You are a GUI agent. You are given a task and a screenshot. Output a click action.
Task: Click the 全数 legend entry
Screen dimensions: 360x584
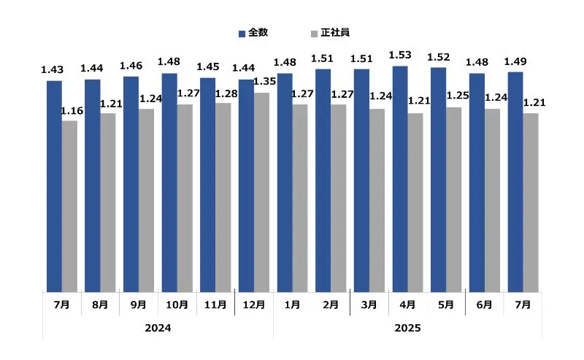tap(253, 33)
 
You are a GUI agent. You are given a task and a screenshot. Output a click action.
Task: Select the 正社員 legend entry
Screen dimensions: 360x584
tap(330, 33)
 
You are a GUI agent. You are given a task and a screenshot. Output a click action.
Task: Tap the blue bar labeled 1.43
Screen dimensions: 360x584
tap(54, 186)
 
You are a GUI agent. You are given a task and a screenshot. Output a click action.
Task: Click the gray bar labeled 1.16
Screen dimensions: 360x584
tap(69, 206)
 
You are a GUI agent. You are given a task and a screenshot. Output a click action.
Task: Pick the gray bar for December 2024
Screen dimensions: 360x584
tap(261, 192)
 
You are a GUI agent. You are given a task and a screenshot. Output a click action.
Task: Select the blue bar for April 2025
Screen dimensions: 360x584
tap(400, 179)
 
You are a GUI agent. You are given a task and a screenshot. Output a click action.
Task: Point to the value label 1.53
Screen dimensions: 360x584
tap(400, 55)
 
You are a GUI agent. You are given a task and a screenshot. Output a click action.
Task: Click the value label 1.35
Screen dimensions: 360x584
tap(264, 81)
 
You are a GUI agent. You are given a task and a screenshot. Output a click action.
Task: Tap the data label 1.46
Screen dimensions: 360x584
tap(130, 65)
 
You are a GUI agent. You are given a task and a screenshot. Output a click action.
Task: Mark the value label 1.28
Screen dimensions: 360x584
tap(226, 92)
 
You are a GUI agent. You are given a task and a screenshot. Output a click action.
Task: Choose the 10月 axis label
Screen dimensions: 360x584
tap(177, 304)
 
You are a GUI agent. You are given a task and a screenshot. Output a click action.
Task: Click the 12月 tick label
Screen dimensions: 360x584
tap(253, 304)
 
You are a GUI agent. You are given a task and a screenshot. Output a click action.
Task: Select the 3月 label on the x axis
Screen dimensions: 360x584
tap(369, 304)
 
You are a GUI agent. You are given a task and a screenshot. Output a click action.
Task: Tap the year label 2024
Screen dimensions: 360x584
tap(158, 329)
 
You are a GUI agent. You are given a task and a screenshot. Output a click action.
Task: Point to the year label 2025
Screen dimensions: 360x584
tap(407, 329)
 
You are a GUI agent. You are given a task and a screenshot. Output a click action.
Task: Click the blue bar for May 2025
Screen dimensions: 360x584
tap(438, 180)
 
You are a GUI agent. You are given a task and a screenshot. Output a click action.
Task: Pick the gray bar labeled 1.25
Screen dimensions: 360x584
tap(453, 199)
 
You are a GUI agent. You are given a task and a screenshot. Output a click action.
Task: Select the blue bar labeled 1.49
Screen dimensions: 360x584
tap(515, 182)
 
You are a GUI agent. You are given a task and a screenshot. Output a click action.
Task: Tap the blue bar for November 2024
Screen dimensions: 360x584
tap(207, 185)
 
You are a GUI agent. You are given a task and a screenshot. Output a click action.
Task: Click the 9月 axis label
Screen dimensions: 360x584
tap(138, 304)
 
